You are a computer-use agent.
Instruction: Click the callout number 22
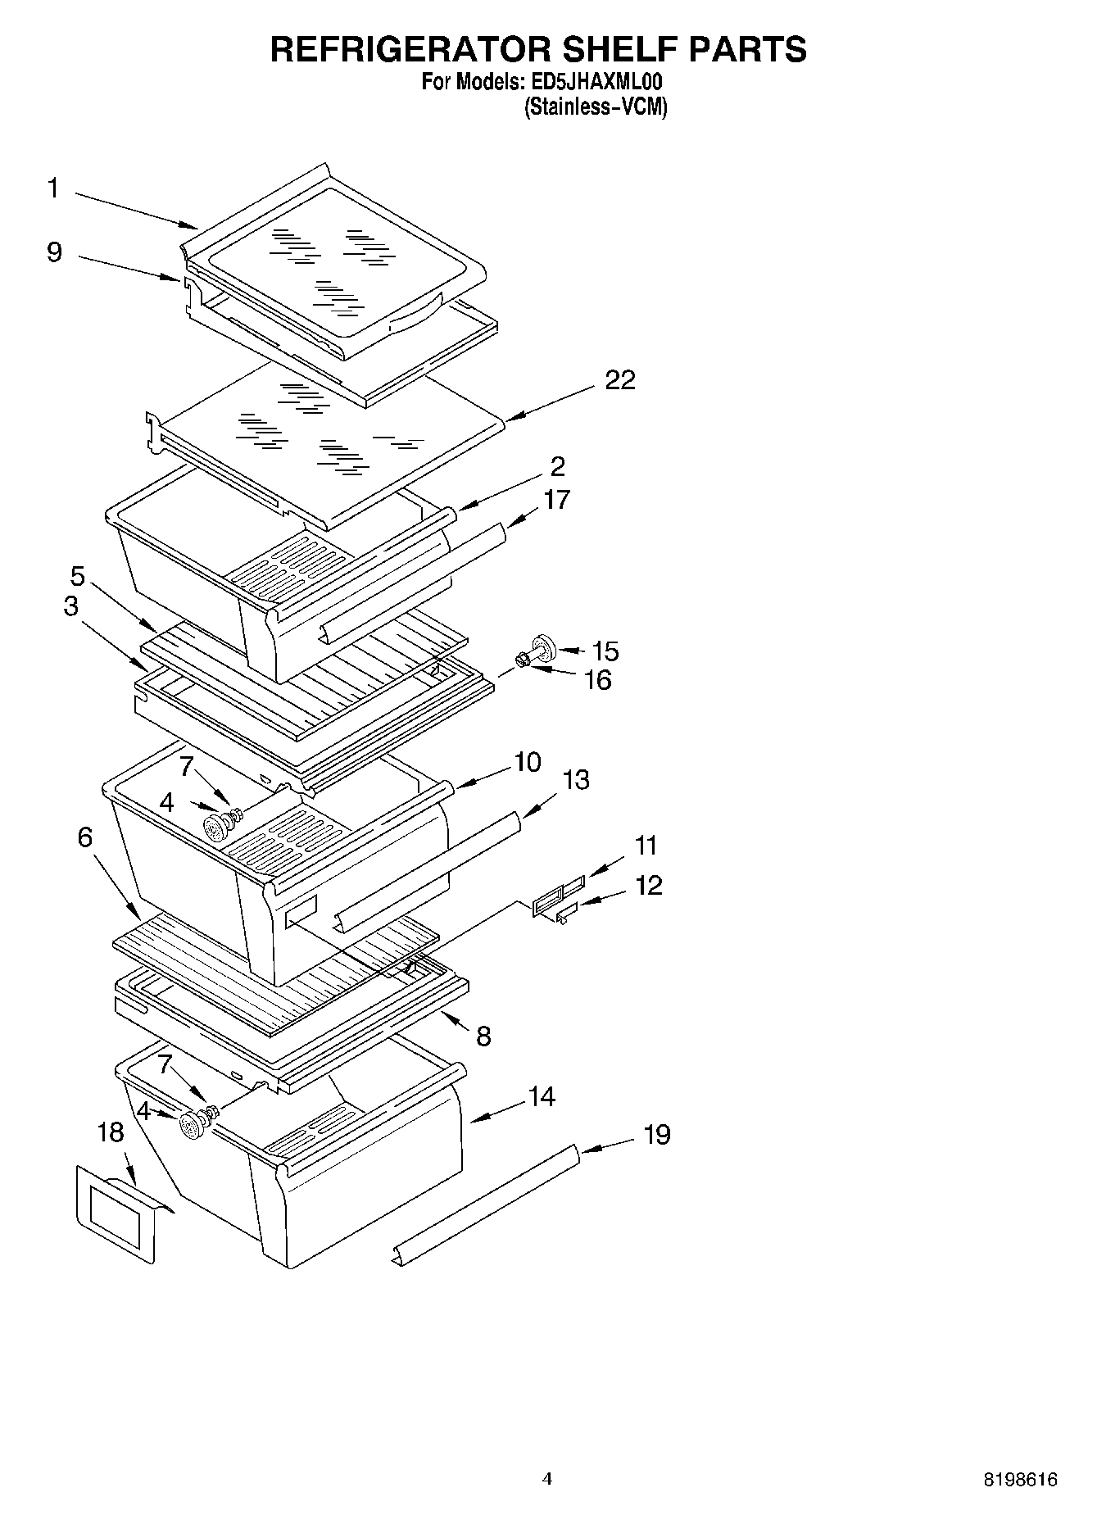619,380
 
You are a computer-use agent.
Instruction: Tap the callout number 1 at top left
53,189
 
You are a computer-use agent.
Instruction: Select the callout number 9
54,252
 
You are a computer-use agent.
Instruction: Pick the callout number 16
598,680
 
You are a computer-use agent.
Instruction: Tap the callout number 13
576,779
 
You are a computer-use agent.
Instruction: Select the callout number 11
646,845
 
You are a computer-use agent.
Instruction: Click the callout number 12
648,885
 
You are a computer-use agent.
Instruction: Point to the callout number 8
483,1036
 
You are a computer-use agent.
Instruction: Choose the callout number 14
542,1096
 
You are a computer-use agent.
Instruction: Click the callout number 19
656,1135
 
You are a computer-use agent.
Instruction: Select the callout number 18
111,1133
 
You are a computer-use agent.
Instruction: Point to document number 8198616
1020,1480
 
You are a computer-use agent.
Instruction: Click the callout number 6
85,837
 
